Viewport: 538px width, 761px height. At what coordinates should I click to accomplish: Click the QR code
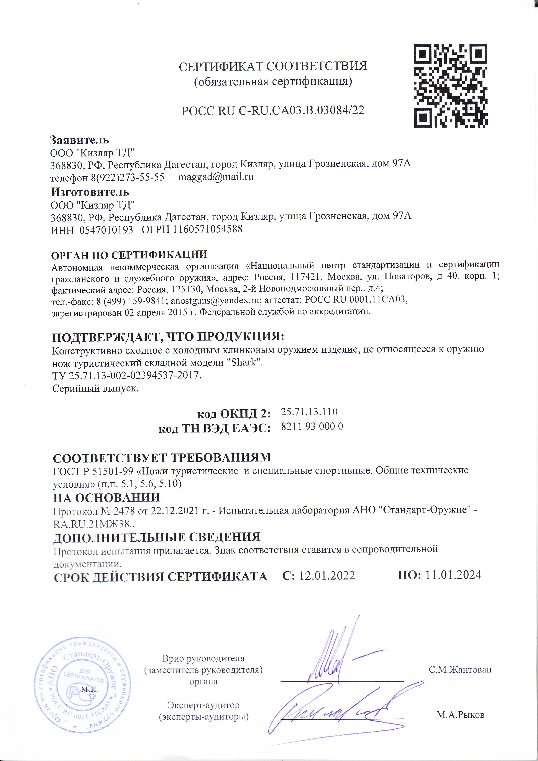[451, 86]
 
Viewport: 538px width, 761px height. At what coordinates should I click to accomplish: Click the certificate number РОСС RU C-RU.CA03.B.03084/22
[273, 110]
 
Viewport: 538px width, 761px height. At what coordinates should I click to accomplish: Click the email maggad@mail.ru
[216, 177]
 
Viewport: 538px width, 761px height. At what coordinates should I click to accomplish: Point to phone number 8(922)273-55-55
[128, 177]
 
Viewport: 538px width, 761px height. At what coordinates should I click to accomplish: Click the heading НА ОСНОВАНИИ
[107, 498]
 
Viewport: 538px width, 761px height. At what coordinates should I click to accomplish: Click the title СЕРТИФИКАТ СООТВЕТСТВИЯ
[273, 66]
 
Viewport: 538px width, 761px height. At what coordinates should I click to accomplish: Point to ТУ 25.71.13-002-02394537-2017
[126, 376]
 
